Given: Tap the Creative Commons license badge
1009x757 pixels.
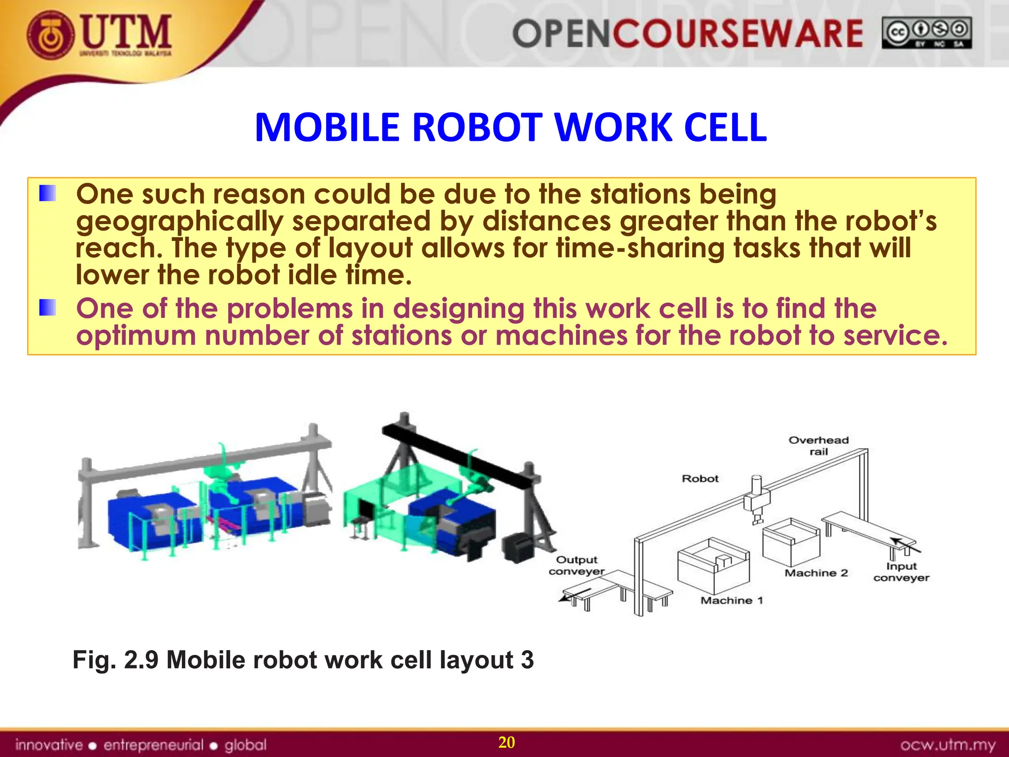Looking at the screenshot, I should point(926,33).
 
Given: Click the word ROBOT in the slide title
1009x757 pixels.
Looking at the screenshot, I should point(477,128).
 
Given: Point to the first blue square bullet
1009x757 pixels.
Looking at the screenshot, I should point(47,193).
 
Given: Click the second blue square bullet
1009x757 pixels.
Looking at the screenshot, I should point(47,308).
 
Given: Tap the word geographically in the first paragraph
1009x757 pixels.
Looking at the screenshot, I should point(179,221).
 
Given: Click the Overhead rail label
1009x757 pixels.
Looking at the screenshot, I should point(818,446).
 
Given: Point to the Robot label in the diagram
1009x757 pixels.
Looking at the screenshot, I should point(700,479).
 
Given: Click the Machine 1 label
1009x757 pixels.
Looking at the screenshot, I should point(731,600).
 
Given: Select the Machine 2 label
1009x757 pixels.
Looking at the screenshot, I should point(816,573).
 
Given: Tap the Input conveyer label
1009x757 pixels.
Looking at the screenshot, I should point(901,572).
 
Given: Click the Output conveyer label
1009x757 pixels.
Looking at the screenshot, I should point(576,565).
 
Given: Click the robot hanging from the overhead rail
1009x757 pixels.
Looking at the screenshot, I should point(756,500).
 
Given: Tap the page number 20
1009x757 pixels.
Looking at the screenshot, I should point(506,742).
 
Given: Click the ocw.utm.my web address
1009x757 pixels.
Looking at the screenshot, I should point(947,745).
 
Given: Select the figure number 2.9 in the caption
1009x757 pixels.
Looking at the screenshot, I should point(141,660).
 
